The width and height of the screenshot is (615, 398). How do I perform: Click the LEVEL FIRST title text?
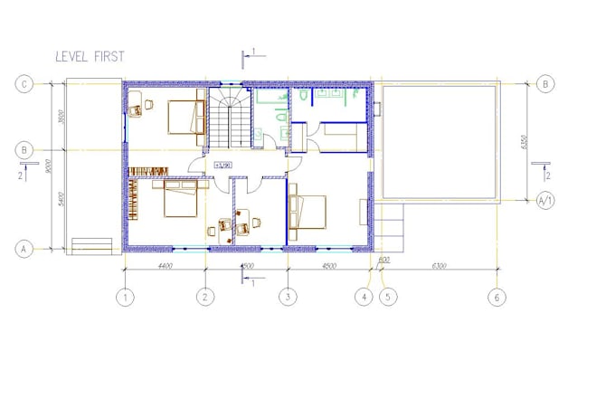[90, 56]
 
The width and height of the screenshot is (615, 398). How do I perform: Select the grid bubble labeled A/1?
[545, 200]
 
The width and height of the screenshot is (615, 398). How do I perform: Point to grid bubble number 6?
[496, 296]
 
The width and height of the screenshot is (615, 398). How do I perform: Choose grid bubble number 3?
[288, 296]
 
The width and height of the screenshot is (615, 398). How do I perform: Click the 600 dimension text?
[383, 261]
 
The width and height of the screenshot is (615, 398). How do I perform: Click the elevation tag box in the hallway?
[223, 166]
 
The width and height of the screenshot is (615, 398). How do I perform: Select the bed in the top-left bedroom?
[187, 117]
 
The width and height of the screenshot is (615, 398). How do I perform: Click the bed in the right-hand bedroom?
[308, 213]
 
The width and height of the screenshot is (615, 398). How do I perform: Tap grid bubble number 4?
[364, 296]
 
